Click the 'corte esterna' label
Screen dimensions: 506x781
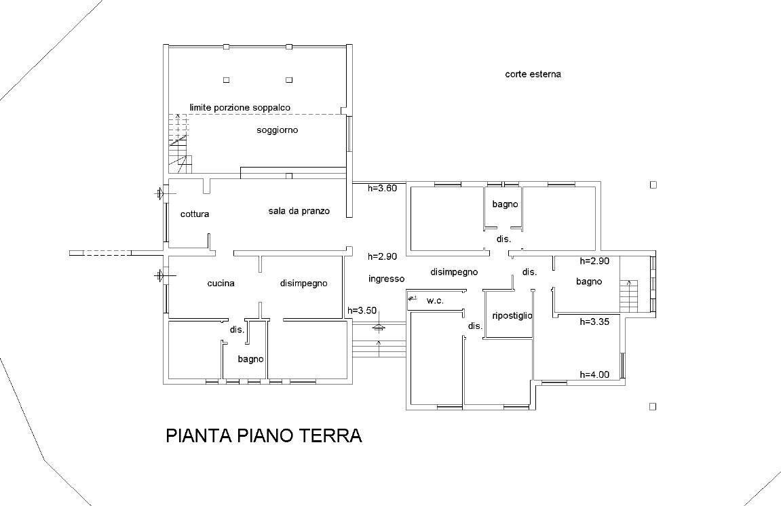point(533,75)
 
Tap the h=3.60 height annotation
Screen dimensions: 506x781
point(382,189)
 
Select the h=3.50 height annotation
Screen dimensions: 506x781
point(362,311)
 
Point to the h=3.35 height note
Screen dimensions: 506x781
point(594,323)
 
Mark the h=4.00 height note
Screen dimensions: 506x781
point(594,374)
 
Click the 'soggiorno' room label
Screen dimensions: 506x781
point(277,130)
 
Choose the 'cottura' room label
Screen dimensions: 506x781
point(195,214)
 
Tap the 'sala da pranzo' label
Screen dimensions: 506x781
point(299,212)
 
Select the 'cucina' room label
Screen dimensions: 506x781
point(221,284)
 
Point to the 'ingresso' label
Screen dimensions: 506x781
point(387,279)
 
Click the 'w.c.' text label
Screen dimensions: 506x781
point(435,300)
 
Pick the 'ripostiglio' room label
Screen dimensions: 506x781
point(512,316)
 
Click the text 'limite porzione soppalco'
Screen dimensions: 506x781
point(240,108)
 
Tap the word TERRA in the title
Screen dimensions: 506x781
point(330,435)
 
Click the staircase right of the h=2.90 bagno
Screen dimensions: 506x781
point(629,295)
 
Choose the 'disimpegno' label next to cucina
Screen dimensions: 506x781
point(303,284)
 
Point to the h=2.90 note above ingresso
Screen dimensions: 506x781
point(382,257)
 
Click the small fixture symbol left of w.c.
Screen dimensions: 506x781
point(412,298)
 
